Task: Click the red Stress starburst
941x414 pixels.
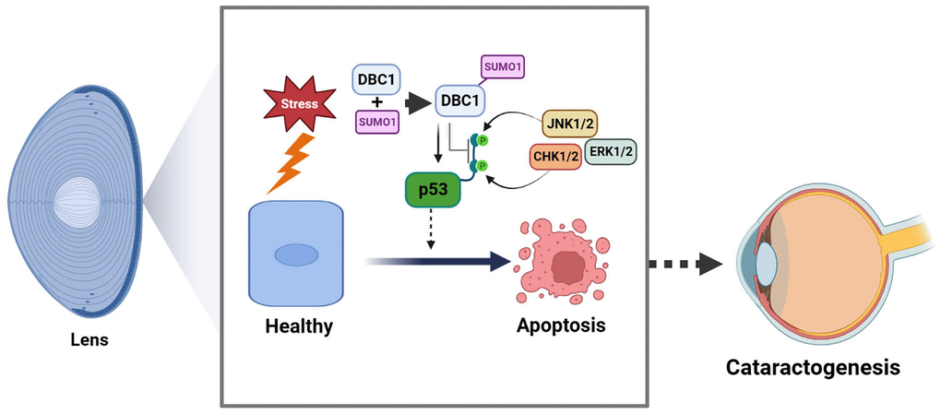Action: (299, 104)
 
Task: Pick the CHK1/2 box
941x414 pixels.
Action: (556, 158)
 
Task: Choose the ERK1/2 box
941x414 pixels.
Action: (612, 151)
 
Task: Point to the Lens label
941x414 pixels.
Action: (89, 339)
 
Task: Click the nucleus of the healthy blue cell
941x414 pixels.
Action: (296, 254)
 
